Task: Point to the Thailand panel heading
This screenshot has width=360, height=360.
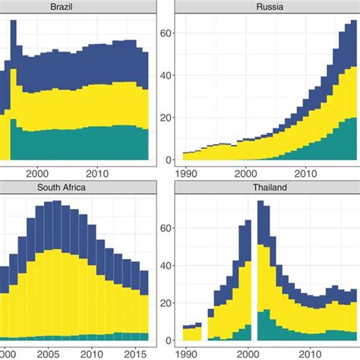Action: coord(267,186)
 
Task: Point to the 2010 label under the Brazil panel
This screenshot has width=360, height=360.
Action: coord(97,173)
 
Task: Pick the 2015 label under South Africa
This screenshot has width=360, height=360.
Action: coord(134,353)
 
